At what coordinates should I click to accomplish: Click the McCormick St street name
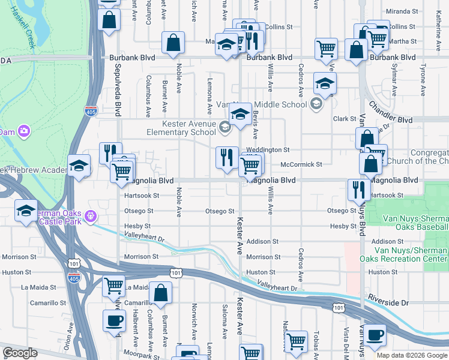301,164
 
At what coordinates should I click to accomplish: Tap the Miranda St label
402,11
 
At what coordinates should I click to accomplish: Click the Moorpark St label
144,356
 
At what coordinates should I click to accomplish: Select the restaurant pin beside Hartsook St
359,190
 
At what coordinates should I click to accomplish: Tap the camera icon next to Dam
23,131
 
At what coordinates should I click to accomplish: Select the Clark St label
345,119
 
